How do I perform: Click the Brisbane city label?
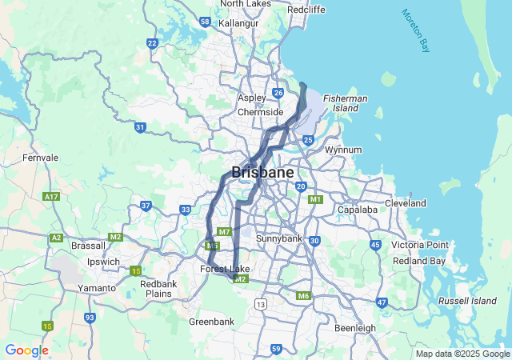262,173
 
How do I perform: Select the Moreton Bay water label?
416,31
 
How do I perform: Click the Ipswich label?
103,262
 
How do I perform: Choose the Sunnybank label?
279,239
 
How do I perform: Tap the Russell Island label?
468,301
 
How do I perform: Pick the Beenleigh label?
356,328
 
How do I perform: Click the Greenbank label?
211,322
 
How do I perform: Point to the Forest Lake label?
225,269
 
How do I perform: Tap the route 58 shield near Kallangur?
206,22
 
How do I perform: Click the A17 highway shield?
53,196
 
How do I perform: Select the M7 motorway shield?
224,232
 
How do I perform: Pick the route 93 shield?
90,318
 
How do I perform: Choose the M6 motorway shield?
303,296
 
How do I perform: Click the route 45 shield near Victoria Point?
374,245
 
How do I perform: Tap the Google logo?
26,350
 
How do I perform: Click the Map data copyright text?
462,354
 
